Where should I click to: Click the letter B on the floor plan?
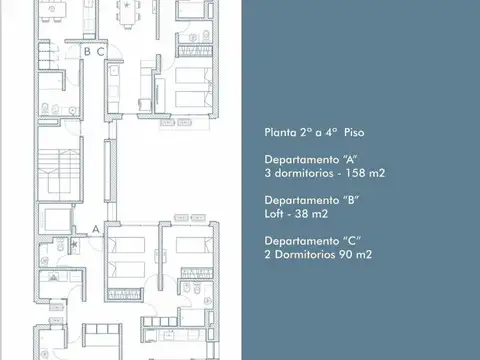tap(88, 52)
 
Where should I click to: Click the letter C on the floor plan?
tap(101, 52)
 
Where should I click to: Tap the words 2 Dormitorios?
tap(302, 255)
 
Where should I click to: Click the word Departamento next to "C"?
tap(301, 241)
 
